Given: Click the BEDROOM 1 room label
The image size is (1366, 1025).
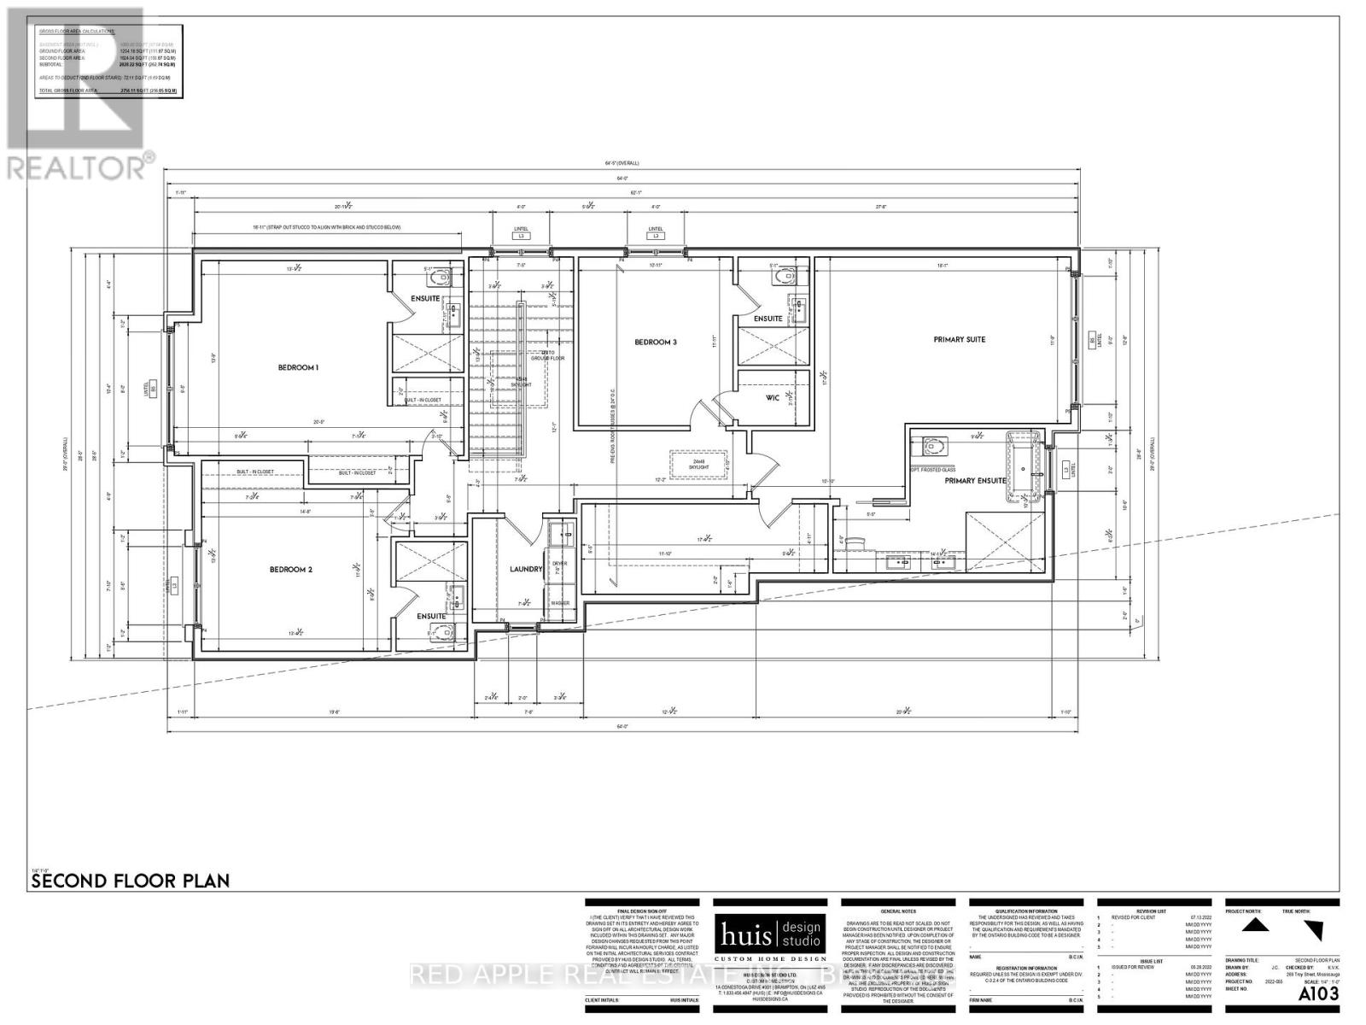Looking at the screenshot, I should pos(298,367).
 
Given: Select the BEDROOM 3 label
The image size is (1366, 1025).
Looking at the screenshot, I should pos(656,342).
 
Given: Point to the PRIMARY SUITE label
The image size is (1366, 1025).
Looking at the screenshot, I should pos(959,339).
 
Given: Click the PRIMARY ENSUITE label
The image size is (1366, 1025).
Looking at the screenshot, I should pos(975,481).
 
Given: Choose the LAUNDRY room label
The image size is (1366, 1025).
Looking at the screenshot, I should pos(526,569).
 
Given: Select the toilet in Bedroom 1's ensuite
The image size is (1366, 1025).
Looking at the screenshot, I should pos(441,278).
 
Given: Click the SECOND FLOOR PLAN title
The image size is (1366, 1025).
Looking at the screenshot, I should pos(130,881).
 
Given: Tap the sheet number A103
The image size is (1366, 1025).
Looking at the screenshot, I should pos(1318,994).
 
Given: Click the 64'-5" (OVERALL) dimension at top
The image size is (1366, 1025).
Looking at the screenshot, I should pos(622,163).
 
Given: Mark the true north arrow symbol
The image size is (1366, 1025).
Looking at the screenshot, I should pos(1315,929).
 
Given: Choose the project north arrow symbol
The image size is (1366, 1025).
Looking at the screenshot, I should pos(1252,926).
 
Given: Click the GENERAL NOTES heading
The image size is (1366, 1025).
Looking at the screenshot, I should pos(888,912).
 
